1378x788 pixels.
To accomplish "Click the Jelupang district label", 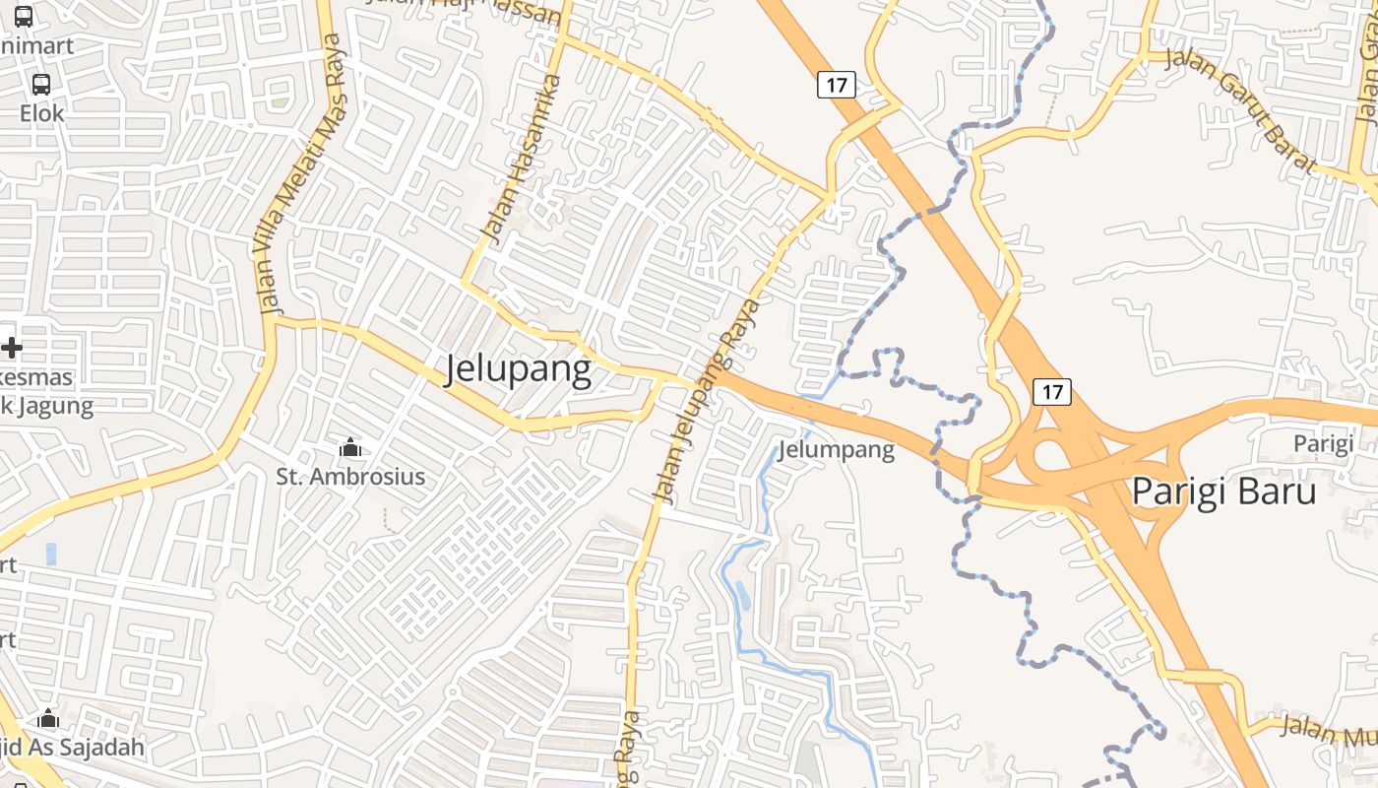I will point(519,369).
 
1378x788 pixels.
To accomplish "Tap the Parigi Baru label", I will point(1223,491).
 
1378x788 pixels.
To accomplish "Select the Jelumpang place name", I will point(836,450).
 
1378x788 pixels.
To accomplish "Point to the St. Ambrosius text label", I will point(350,477).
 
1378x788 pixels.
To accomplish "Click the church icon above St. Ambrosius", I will point(349,448).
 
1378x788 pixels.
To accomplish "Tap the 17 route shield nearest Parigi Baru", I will point(1052,392).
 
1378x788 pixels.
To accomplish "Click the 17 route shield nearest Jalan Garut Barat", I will point(836,85).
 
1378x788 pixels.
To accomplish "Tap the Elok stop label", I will point(42,113).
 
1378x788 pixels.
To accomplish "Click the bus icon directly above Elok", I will point(41,85).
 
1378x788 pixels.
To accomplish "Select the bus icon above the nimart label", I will point(24,17).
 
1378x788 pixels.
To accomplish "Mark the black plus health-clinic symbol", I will point(12,348).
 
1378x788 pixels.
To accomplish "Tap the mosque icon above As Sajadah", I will point(48,719).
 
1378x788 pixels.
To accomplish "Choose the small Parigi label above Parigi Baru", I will point(1323,443).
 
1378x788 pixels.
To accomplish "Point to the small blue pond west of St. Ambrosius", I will point(51,554).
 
